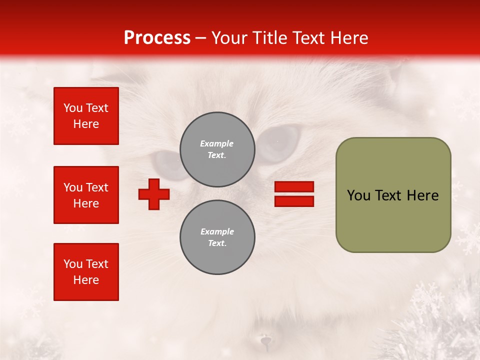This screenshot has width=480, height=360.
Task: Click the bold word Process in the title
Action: click(157, 38)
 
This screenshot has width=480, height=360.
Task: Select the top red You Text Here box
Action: click(86, 116)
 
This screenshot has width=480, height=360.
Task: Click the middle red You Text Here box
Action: click(86, 195)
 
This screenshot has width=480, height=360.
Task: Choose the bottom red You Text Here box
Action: click(86, 272)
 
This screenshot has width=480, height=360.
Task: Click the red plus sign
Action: click(154, 194)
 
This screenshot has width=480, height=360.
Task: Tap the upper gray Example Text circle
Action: click(217, 149)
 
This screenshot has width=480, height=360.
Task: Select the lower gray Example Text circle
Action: click(217, 237)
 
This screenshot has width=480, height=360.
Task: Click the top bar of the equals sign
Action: click(294, 187)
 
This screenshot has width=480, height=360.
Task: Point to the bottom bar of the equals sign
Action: click(294, 201)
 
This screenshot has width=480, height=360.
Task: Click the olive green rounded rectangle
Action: click(393, 220)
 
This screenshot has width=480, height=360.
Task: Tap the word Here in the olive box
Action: click(422, 195)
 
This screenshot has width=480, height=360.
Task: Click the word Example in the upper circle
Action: click(217, 143)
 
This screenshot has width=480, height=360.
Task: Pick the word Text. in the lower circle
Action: click(217, 243)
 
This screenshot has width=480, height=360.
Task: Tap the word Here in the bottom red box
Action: click(86, 280)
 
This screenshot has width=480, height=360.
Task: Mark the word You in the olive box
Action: click(358, 195)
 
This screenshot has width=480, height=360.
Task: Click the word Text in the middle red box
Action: click(97, 187)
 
